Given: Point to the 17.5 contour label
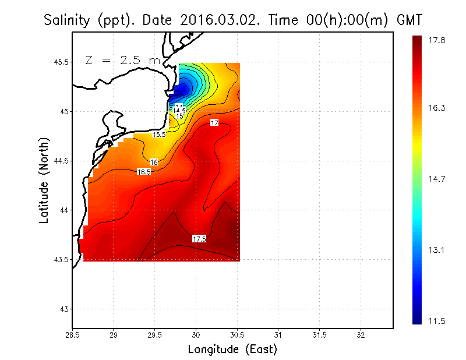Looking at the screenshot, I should [x=199, y=239].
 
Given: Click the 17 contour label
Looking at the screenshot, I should [x=214, y=123].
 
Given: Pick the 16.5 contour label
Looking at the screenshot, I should [x=144, y=172].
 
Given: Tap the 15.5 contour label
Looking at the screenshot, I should [x=160, y=135].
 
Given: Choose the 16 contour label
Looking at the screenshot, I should [x=154, y=162].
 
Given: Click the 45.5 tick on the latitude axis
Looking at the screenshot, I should [x=61, y=62].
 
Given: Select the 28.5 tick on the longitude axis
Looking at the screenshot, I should [x=73, y=336].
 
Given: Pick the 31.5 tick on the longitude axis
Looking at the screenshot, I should [x=320, y=336].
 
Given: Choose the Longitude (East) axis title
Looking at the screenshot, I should [x=232, y=350].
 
